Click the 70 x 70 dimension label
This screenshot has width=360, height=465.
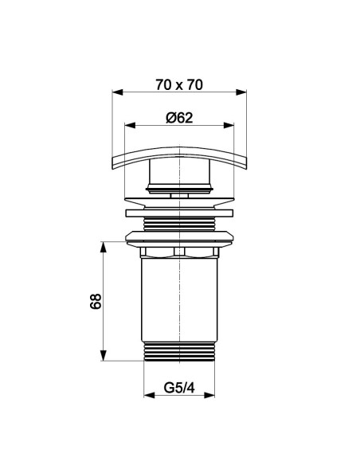(179, 85)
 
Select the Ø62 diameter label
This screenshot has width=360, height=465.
(179, 118)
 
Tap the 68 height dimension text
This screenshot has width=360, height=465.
(96, 302)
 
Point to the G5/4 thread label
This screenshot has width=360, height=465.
(179, 388)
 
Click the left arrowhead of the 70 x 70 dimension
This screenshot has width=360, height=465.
(117, 92)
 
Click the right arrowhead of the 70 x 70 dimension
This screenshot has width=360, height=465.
(241, 92)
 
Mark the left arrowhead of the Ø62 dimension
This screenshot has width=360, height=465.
(130, 126)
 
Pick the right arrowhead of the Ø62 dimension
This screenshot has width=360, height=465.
(229, 126)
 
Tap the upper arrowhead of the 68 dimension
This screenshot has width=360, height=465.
(104, 247)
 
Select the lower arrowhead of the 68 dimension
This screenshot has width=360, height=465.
(104, 356)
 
